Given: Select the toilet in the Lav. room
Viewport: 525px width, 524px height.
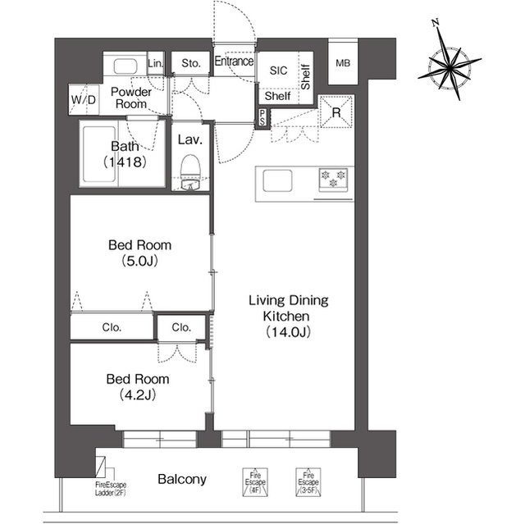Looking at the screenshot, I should (190, 170).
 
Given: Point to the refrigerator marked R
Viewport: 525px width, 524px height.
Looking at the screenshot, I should (336, 112).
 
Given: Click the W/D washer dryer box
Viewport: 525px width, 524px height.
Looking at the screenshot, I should (84, 101).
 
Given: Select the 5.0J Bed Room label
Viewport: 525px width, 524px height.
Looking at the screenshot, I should (140, 253).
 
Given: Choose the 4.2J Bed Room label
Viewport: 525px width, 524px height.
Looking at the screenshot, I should (138, 387).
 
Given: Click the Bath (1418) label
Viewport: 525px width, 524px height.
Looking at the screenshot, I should (126, 155).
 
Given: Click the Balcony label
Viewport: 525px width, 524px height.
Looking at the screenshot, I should (182, 480).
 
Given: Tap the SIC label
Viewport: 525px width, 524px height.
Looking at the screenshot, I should (279, 71).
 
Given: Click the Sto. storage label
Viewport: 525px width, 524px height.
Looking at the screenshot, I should (191, 63).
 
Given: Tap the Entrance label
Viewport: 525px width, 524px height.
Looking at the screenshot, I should (234, 62).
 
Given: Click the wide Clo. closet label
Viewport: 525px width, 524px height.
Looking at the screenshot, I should (112, 327).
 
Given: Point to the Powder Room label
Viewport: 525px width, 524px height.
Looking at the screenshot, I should (131, 98).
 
